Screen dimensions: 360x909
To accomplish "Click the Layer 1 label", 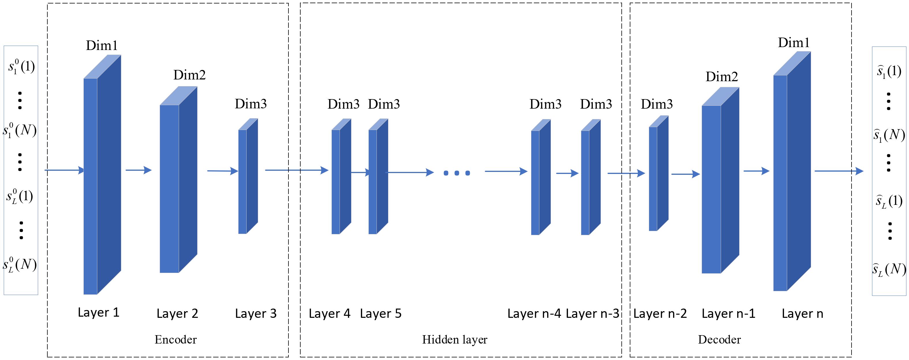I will tap(98, 312).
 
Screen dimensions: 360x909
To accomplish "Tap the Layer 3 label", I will tap(256, 313).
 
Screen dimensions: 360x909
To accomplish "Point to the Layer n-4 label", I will tap(534, 313).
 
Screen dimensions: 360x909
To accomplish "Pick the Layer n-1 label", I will tap(728, 313).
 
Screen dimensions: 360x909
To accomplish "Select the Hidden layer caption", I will tap(454, 339).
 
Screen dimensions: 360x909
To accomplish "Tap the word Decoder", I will tap(719, 339).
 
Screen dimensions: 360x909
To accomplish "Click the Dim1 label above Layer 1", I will tap(102, 46).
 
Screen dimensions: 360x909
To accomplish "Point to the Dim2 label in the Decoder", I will tap(722, 77).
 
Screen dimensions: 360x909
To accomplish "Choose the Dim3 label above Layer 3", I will tap(251, 104).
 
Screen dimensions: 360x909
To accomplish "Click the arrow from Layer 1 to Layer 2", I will tap(138, 170).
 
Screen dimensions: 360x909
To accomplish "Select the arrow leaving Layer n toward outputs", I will tap(839, 171).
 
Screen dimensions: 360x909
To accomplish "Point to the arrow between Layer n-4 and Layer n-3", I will tap(567, 173).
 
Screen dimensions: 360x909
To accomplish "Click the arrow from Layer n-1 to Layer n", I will tap(756, 171).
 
